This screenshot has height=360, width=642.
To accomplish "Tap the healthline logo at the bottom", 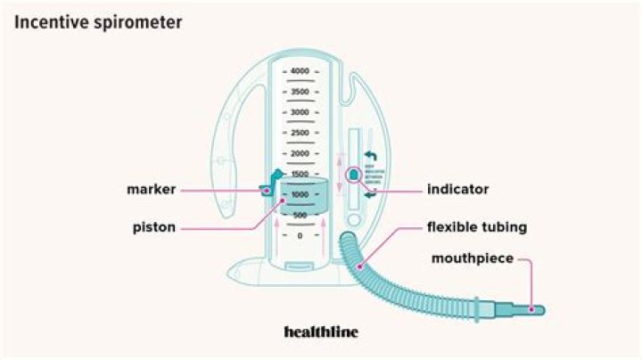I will (x=320, y=331).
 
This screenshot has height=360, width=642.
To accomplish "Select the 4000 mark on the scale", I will (x=300, y=70).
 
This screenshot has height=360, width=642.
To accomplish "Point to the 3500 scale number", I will (x=300, y=92).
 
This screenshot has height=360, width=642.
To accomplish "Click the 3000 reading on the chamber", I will (x=300, y=112).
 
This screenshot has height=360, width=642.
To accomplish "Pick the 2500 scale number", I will (x=300, y=133).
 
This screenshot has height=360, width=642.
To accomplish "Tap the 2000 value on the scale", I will (x=300, y=153).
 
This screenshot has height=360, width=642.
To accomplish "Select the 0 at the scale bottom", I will (x=300, y=236).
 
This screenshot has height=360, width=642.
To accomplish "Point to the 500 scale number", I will (x=300, y=216).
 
